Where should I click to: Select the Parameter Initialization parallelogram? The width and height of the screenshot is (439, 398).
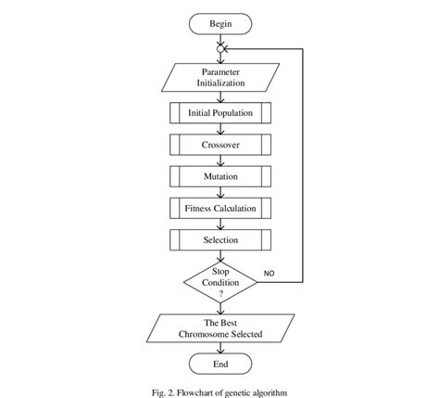click(x=219, y=77)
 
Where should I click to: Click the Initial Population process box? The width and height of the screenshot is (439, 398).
click(x=219, y=113)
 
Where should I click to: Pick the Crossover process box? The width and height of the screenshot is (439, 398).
click(x=219, y=145)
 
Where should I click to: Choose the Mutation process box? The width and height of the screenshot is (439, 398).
click(x=219, y=176)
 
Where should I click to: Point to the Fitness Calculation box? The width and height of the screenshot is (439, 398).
click(x=219, y=208)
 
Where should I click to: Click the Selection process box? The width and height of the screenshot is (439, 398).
click(x=219, y=239)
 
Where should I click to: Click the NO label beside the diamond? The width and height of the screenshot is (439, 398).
click(x=270, y=275)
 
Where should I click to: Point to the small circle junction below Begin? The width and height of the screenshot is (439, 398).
click(x=219, y=48)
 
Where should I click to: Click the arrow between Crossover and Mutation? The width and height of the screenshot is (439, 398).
click(x=219, y=160)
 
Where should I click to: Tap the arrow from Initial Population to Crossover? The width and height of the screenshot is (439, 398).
click(x=219, y=129)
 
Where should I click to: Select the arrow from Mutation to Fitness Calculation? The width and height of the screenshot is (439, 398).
click(x=219, y=192)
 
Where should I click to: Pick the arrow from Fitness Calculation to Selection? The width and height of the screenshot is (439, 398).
click(x=219, y=224)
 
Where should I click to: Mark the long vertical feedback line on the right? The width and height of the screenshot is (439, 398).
click(x=305, y=162)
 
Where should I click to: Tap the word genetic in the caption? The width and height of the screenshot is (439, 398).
click(x=246, y=391)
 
